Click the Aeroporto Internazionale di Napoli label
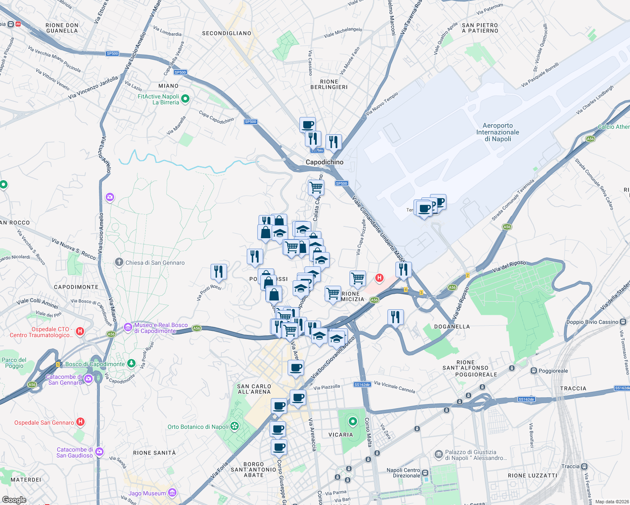pos(497,132)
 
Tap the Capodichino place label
pos(324,162)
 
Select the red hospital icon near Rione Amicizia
pos(379,278)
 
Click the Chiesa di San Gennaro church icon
pos(119,262)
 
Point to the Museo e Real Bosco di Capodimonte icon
pos(128,327)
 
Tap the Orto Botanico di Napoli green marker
pos(235,427)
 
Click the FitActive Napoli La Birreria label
pos(159,99)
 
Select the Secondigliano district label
pos(227,33)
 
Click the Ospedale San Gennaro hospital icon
pos(80,422)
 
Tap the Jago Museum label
pos(147,493)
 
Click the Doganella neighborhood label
pos(452,326)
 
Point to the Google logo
pos(14,500)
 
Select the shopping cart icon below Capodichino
pos(315,186)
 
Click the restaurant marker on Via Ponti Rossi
pos(218,271)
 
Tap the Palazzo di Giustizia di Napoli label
pos(475,455)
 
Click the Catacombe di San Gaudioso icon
pos(99,452)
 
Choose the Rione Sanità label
pos(154,453)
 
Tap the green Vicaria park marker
pos(352,421)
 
